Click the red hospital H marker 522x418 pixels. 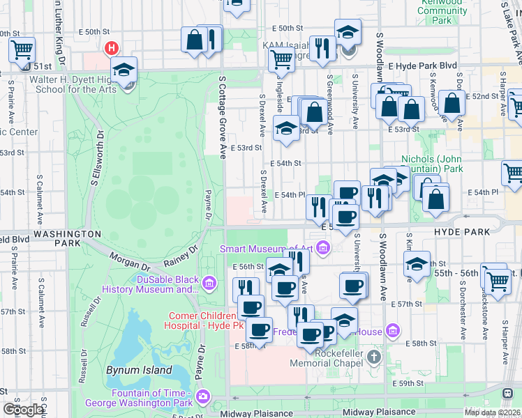(x=110, y=48)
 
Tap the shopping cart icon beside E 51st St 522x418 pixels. (x=22, y=49)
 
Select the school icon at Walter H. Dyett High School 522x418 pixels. (x=124, y=70)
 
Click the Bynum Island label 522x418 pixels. (x=139, y=370)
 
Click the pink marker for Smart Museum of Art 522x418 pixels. (x=322, y=248)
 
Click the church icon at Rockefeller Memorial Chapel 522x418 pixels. (x=374, y=358)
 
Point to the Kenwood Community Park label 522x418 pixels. (x=442, y=11)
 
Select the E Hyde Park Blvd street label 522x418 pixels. (x=422, y=66)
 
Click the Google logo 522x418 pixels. (x=24, y=410)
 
